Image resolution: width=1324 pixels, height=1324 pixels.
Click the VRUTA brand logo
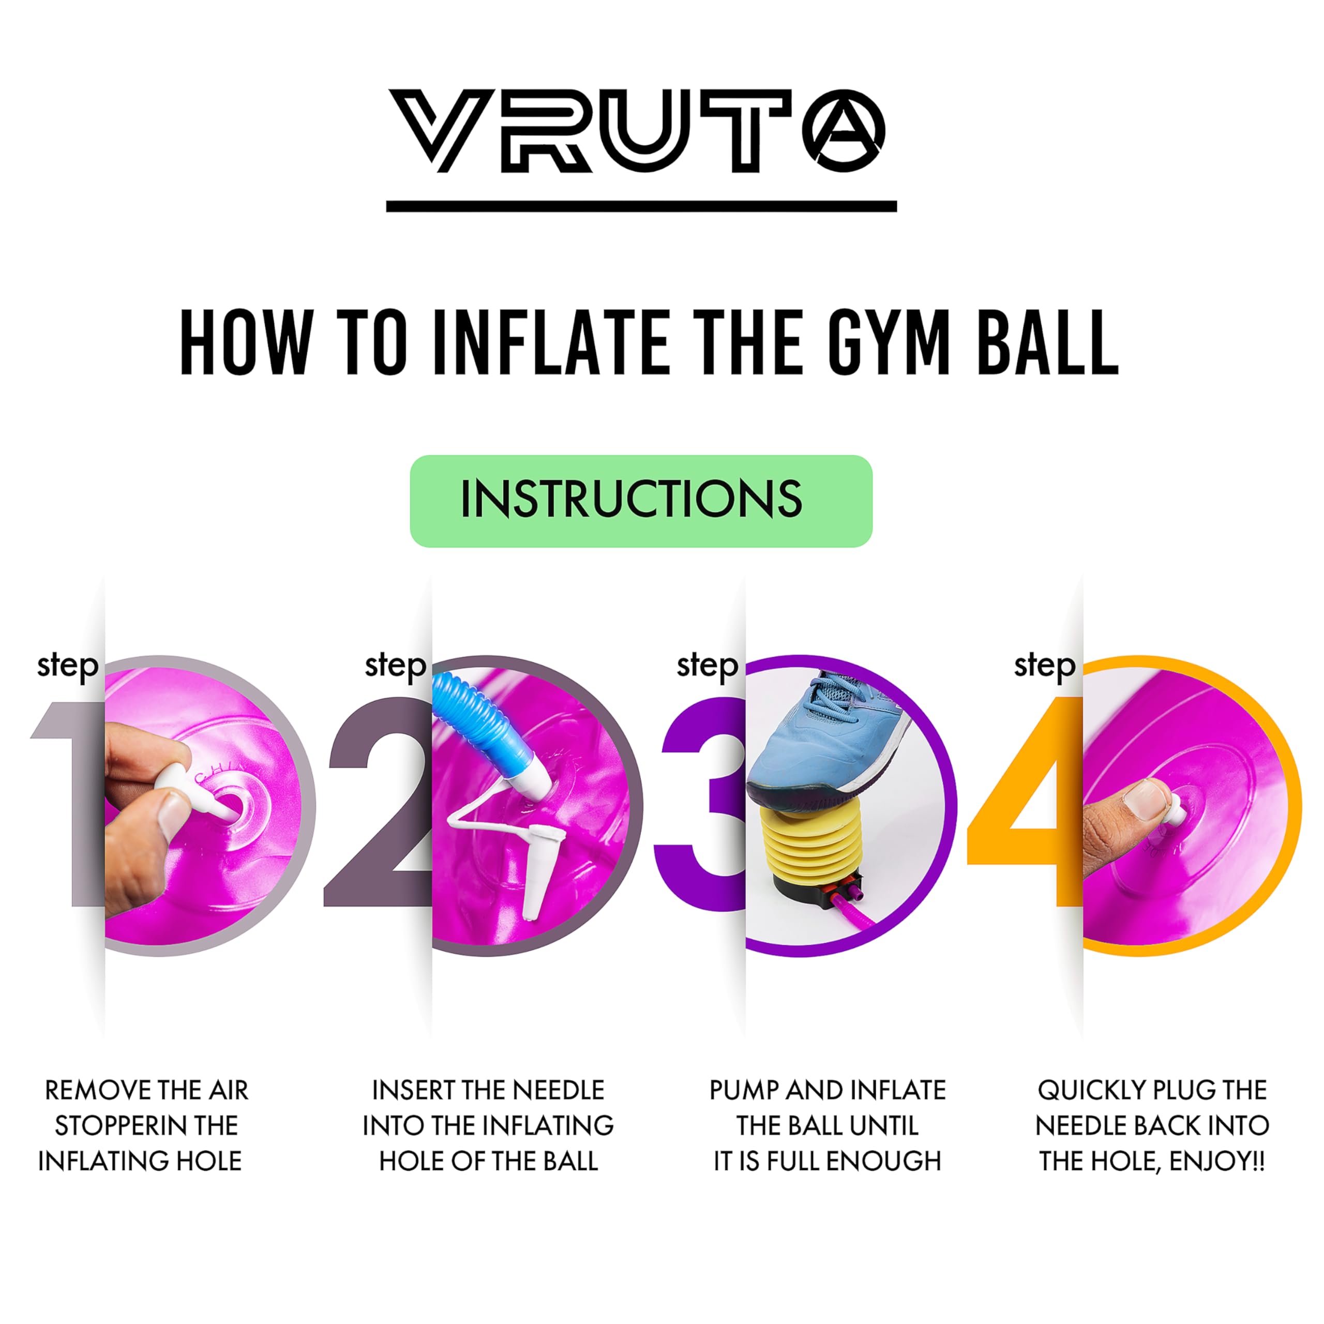click(x=637, y=130)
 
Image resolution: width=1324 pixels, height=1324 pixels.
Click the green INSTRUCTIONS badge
click(x=641, y=501)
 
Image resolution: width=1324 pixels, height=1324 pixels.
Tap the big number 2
click(x=378, y=802)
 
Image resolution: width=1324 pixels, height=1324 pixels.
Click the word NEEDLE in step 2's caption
click(x=559, y=1090)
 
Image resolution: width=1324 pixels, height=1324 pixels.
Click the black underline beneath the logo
click(x=641, y=206)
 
